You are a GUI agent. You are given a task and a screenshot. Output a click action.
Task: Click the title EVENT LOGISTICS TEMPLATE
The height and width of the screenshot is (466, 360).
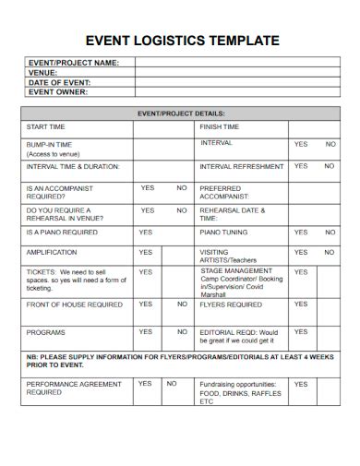coord(182,41)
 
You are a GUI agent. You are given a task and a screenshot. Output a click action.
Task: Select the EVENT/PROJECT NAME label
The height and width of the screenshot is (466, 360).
coord(74,63)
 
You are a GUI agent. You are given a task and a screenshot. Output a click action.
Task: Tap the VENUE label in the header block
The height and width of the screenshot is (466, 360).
coord(42,72)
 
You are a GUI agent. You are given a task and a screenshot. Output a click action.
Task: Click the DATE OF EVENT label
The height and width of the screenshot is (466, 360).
coord(59,82)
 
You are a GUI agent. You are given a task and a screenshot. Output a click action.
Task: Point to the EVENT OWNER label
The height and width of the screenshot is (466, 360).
coord(58,91)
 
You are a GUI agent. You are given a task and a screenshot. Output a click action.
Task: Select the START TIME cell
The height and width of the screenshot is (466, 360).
coord(46,126)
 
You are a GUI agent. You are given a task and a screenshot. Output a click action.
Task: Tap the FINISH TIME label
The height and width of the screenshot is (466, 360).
coord(220,126)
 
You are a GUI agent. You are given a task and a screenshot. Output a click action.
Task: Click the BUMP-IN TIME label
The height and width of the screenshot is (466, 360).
coord(50,145)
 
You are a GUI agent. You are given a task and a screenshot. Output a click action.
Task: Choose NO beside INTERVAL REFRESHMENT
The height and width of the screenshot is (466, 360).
coord(330,166)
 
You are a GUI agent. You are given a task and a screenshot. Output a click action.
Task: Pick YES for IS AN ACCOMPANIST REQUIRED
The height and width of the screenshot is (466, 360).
coord(147,187)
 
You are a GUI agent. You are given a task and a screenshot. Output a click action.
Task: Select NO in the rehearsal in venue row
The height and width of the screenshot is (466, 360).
coord(181,209)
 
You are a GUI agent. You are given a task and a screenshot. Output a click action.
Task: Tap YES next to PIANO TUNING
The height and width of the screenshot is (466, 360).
coord(301,232)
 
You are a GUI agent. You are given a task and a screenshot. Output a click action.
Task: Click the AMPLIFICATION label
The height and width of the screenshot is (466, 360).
coord(52,252)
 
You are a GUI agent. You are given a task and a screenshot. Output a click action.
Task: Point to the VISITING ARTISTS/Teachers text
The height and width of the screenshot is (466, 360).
coord(228,256)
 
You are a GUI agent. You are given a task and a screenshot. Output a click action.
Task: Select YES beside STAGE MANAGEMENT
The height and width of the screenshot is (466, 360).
coord(301,272)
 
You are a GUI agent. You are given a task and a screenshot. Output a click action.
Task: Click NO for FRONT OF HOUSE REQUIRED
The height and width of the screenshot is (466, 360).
coord(181,304)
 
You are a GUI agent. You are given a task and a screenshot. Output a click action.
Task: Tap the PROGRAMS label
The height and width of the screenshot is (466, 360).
coord(45,332)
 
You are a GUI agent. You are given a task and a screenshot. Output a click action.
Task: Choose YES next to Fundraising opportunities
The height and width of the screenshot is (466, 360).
coord(301,383)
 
